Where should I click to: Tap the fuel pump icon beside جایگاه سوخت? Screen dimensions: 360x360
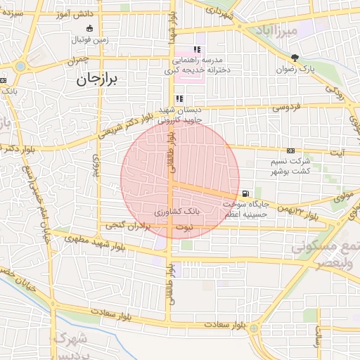pyautogui.click(x=244, y=193)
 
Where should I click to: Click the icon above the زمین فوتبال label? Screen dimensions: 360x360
pyautogui.click(x=89, y=28)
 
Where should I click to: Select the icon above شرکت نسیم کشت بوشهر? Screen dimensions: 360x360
pyautogui.click(x=290, y=150)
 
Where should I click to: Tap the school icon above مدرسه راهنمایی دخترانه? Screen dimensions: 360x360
pyautogui.click(x=197, y=50)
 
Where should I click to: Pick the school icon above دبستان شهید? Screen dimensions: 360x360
pyautogui.click(x=179, y=98)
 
